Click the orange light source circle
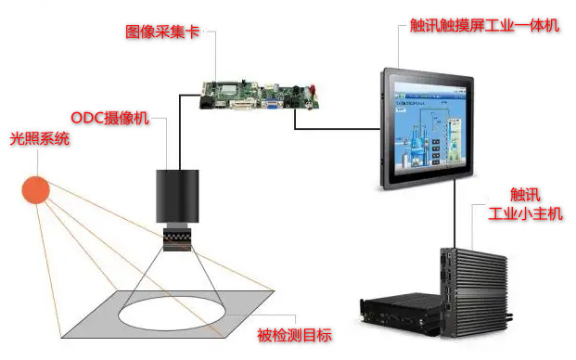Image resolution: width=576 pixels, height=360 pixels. click(35, 190)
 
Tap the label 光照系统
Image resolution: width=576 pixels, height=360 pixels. click(40, 139)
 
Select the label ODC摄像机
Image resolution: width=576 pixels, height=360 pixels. click(109, 118)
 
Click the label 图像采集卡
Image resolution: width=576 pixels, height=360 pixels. click(162, 32)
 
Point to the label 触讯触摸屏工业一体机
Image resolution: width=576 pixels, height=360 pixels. click(484, 26)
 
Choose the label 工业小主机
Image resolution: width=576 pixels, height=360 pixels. click(525, 213)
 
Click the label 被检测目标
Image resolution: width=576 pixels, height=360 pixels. click(294, 335)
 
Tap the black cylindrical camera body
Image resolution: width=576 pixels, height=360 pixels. click(177, 196)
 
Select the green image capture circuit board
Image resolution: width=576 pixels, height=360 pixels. click(259, 96)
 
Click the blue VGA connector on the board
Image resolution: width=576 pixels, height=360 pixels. click(272, 105)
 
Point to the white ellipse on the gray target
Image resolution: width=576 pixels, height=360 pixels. click(173, 314)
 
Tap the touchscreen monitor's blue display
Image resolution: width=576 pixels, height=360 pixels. click(430, 127)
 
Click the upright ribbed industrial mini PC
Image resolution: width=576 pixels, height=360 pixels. click(474, 292)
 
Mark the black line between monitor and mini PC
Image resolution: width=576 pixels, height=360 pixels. click(454, 213)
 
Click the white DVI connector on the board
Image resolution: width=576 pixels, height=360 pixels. click(242, 105)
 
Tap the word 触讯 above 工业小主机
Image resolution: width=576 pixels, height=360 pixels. click(525, 195)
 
